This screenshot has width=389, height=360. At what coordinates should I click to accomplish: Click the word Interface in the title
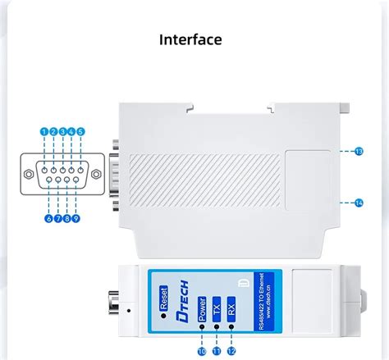tap(190, 39)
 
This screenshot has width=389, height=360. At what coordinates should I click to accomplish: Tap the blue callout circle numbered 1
tap(43, 131)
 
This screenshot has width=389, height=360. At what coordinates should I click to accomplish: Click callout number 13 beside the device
tap(359, 151)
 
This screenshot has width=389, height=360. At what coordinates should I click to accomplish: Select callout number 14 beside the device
tap(359, 202)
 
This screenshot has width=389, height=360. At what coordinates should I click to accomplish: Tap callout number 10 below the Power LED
tap(202, 351)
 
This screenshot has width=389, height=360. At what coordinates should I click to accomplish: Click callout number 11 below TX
tap(217, 351)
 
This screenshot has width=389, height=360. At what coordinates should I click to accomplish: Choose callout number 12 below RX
tap(231, 351)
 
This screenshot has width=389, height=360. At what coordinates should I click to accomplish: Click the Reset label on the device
tap(162, 294)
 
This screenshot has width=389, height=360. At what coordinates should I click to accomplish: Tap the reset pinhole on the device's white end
tap(130, 311)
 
